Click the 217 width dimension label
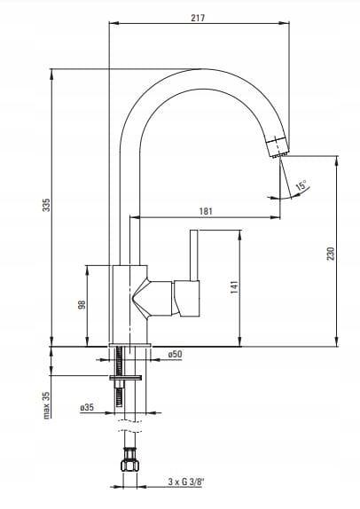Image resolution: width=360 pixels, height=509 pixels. [198, 18]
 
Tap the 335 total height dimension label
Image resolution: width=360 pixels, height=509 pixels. [47, 205]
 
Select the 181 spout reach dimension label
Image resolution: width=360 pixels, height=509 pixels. [206, 211]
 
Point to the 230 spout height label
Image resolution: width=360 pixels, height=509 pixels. [331, 254]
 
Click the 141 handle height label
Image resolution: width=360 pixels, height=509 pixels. [234, 287]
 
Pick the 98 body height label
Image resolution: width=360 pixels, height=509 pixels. [82, 304]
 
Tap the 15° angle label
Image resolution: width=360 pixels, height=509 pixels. [301, 185]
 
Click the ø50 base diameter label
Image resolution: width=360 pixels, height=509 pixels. [175, 354]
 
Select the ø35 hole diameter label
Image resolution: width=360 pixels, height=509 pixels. [87, 407]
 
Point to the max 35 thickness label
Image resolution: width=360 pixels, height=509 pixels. [47, 405]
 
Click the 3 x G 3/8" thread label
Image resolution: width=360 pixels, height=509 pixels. [186, 482]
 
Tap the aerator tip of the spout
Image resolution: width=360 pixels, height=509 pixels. [277, 148]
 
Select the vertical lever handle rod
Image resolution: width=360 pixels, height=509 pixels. [194, 255]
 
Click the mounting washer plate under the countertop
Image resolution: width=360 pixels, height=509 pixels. [125, 378]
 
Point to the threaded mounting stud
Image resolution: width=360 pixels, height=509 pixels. [119, 377]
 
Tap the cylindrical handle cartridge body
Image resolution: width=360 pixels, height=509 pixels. [187, 298]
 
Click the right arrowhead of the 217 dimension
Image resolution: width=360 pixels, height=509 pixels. [286, 23]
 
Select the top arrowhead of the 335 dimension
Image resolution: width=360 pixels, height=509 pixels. [51, 74]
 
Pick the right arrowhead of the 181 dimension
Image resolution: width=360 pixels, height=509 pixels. [275, 217]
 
